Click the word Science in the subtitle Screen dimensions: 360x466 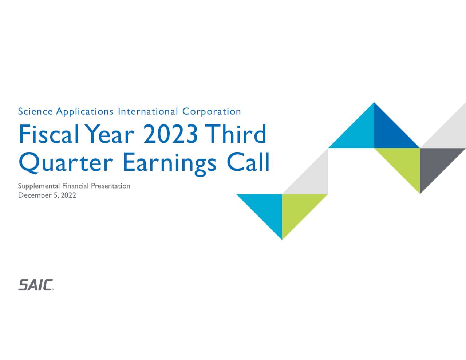tap(35, 111)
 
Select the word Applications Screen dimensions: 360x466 tap(85, 112)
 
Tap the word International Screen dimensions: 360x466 tap(148, 111)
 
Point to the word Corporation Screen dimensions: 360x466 tap(212, 112)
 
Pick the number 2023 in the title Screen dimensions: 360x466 tap(171, 134)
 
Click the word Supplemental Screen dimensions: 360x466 tap(39, 186)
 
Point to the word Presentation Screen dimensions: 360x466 tap(110, 186)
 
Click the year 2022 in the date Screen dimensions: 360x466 tap(68, 195)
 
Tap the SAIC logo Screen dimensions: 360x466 tap(36, 285)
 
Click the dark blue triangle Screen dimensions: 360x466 tap(390, 133)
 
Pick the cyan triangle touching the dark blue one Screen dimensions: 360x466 tap(359, 133)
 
